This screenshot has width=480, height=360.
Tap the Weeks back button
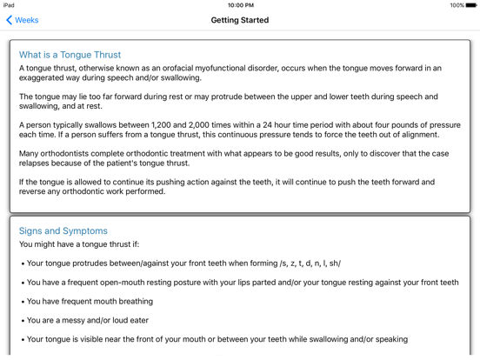pos(23,20)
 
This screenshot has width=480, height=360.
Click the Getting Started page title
pos(240,20)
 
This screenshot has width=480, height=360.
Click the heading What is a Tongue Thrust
pos(70,55)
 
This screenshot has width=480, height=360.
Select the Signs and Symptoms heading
pos(63,231)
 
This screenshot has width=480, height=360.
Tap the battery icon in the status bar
pos(471,5)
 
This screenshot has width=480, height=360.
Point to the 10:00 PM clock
pos(240,5)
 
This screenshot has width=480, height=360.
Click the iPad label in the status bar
pos(10,5)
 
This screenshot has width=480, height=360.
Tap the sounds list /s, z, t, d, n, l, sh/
pos(310,263)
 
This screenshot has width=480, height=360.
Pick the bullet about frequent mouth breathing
pos(90,302)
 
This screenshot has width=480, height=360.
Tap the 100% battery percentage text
pos(457,5)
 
